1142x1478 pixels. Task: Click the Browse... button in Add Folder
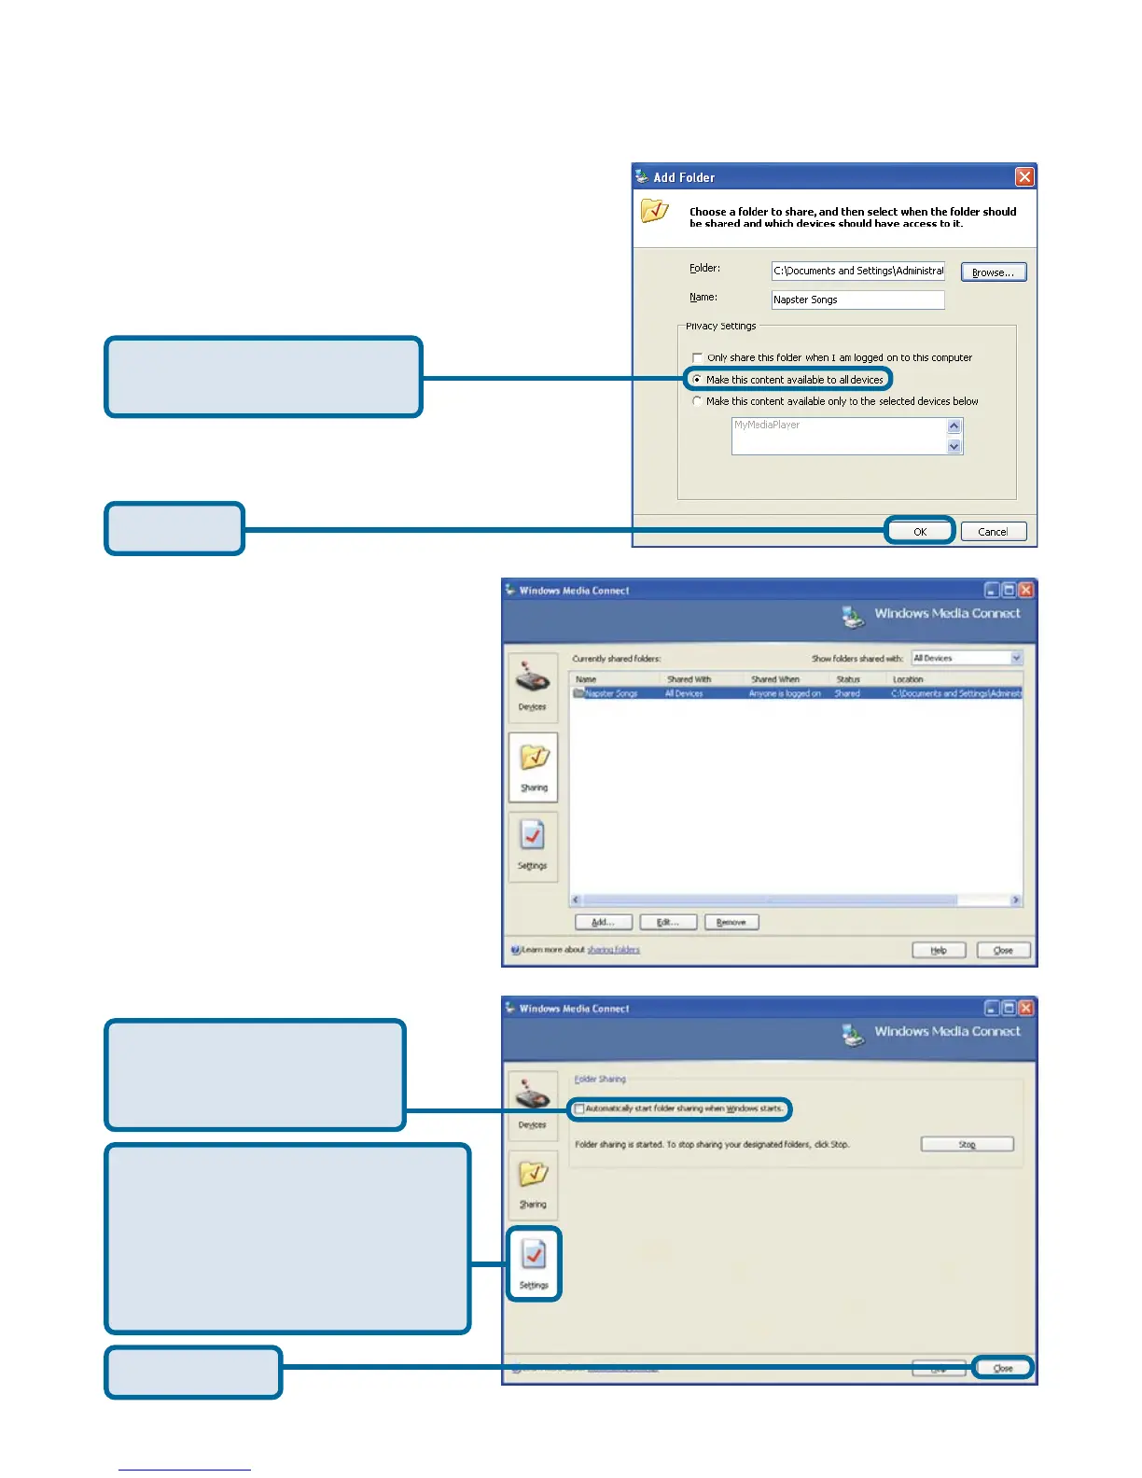(x=993, y=272)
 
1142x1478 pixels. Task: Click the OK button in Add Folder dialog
(x=919, y=532)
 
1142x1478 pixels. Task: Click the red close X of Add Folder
(x=1024, y=177)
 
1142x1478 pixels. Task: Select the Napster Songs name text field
(x=857, y=300)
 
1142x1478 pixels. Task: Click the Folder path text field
(x=857, y=271)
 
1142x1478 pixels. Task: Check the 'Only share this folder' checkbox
(x=697, y=358)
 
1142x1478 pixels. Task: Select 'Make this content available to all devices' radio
(x=697, y=380)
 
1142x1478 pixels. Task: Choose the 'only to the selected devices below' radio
(x=697, y=401)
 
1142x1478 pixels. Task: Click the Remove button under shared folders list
(x=731, y=923)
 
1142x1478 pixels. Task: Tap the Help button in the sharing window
(x=938, y=951)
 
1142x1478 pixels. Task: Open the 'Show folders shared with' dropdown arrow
(x=1016, y=659)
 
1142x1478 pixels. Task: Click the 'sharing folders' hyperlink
(x=613, y=950)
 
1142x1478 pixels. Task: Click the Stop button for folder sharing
(x=967, y=1145)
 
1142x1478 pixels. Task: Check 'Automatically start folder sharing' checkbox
(x=579, y=1109)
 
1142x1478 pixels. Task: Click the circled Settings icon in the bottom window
(x=534, y=1262)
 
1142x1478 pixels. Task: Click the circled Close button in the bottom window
(x=1003, y=1369)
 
